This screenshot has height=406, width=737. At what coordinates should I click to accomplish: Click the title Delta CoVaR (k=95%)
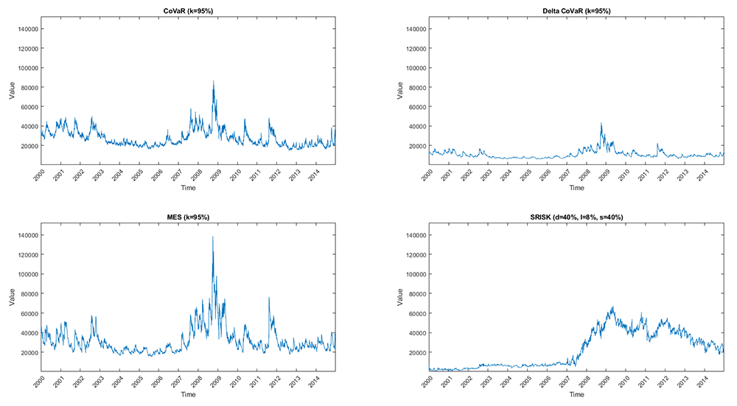576,10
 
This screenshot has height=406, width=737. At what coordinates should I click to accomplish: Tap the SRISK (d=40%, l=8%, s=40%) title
576,217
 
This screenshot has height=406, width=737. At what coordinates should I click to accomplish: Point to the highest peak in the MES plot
213,237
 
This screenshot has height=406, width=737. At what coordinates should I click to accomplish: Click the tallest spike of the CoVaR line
214,81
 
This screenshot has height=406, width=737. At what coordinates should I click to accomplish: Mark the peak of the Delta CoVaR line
601,123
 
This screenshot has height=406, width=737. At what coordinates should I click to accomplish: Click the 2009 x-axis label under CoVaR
214,175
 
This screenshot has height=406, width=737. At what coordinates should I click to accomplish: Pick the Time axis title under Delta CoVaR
576,188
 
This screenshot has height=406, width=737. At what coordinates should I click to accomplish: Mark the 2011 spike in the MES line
269,298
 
